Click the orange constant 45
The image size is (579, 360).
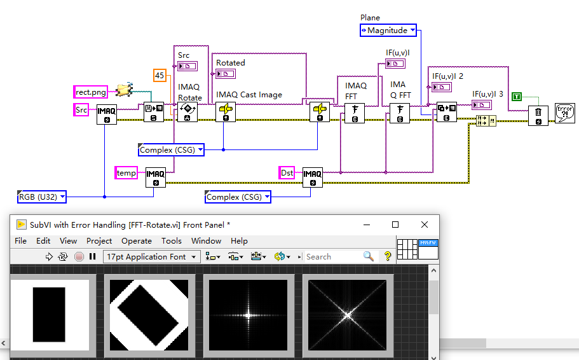pos(160,76)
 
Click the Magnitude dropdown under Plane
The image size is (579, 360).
pos(388,30)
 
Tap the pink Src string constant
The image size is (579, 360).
pos(81,110)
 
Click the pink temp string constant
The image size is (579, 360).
pos(126,172)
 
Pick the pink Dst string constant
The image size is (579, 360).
pos(287,172)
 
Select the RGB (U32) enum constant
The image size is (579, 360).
pos(42,197)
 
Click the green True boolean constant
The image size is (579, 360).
pos(517,96)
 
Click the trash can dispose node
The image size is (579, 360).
pos(538,115)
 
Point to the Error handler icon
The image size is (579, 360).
pos(564,113)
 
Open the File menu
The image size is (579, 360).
pos(20,241)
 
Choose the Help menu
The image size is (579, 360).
pos(239,241)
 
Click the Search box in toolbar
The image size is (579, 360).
pos(332,256)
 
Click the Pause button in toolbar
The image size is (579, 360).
pos(93,256)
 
